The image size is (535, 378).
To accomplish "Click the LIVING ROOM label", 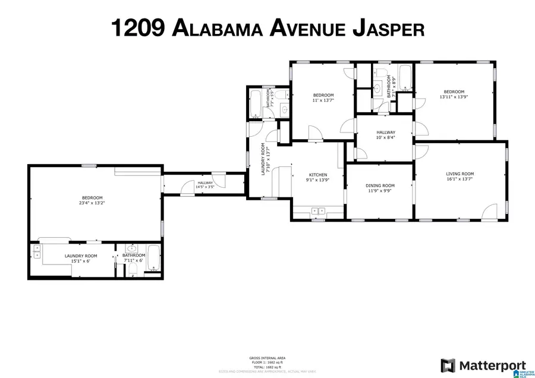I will [460, 174].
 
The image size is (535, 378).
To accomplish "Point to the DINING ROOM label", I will [380, 185].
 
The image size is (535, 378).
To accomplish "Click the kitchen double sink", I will [316, 210].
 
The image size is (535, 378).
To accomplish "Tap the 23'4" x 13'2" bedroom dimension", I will [92, 203].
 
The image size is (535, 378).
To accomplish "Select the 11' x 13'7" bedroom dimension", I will [323, 101].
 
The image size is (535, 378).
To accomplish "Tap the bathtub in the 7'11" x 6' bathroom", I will [153, 259].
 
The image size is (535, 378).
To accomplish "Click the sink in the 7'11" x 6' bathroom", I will [132, 249].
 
